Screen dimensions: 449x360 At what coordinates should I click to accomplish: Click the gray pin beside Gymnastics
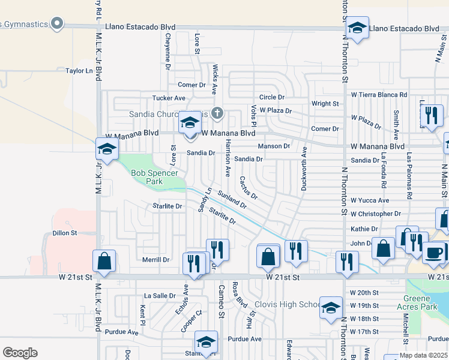tap(57, 24)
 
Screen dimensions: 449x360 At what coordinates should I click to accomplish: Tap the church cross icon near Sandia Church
tap(218, 112)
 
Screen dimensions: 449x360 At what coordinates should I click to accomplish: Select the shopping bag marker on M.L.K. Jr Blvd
tap(104, 261)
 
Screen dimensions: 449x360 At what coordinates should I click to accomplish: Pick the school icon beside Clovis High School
tap(330, 307)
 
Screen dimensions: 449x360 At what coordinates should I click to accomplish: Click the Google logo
tap(20, 353)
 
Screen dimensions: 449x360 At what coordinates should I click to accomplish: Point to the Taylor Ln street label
tap(80, 71)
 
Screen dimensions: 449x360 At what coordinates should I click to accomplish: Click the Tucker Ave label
tap(169, 98)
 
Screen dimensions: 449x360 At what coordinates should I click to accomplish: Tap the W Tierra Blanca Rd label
tap(379, 95)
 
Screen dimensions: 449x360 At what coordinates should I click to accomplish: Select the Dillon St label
tap(65, 233)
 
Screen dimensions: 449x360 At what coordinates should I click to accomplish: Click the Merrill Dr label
tap(156, 260)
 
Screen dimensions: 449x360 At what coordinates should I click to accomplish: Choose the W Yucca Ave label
tap(370, 200)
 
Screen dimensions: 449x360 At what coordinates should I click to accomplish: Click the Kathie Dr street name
tap(364, 229)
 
